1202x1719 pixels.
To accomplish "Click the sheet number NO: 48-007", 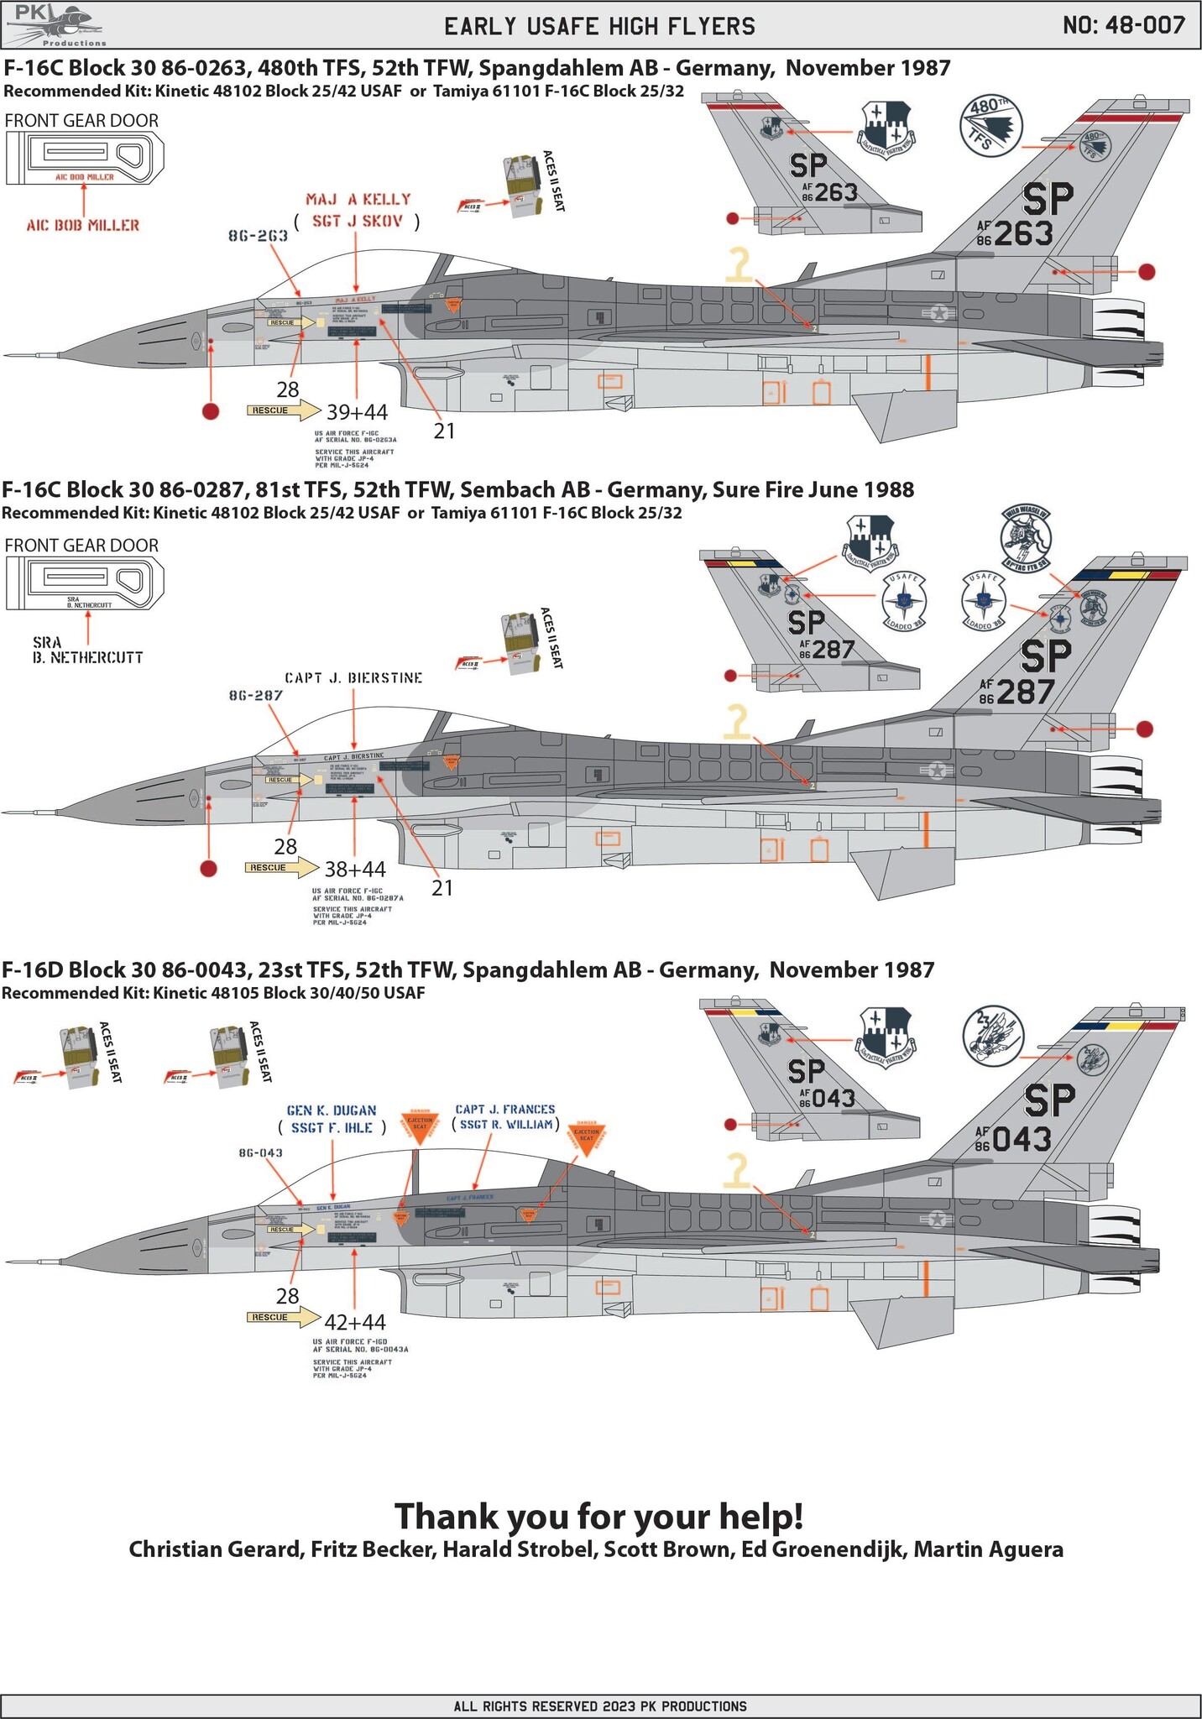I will [x=1123, y=25].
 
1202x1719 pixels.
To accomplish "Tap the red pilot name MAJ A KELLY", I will [x=358, y=200].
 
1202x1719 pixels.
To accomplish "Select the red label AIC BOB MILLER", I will [x=82, y=225].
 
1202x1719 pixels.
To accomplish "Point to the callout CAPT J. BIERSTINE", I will [x=353, y=677].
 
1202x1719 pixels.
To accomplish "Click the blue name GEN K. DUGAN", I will [x=332, y=1110].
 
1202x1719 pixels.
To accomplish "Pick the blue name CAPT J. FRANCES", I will [x=505, y=1109].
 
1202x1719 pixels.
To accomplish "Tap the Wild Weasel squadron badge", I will [x=1026, y=536].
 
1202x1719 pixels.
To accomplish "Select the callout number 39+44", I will [x=357, y=412].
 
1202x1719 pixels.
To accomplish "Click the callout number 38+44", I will [x=355, y=869].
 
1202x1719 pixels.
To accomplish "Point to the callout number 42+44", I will [x=355, y=1322].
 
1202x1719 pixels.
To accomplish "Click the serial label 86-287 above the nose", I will [x=255, y=696].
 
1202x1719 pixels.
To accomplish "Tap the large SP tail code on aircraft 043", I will [x=1049, y=1100].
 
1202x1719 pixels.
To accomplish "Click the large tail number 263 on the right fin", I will [x=1024, y=233].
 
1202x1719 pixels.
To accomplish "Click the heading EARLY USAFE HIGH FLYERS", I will [x=599, y=26].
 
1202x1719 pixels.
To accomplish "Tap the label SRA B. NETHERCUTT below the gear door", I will [x=87, y=651].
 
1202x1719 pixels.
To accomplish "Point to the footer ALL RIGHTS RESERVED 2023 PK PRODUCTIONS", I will [x=600, y=1706].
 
